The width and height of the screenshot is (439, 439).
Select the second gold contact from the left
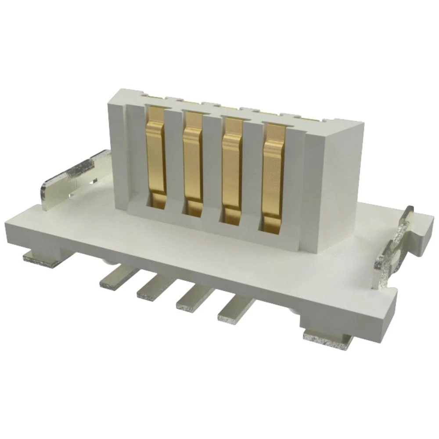pyautogui.click(x=193, y=162)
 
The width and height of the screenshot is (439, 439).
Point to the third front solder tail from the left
pyautogui.click(x=195, y=299)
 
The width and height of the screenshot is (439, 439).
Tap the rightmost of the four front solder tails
pyautogui.click(x=235, y=309)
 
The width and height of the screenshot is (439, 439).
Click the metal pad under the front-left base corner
pyautogui.click(x=42, y=259)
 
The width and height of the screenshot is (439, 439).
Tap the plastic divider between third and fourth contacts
pyautogui.click(x=252, y=173)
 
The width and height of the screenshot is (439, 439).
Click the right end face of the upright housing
pyautogui.click(x=338, y=184)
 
